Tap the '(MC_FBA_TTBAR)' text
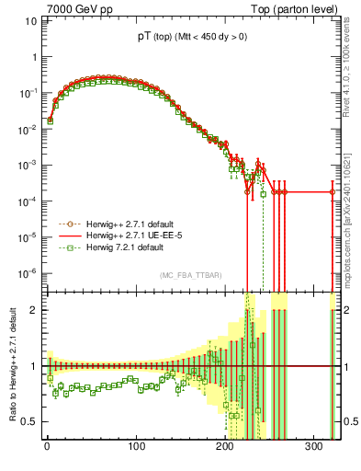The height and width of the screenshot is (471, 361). coord(191,276)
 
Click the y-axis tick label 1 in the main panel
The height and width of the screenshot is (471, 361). coord(32,57)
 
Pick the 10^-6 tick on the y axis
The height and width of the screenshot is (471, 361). coord(26,272)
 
